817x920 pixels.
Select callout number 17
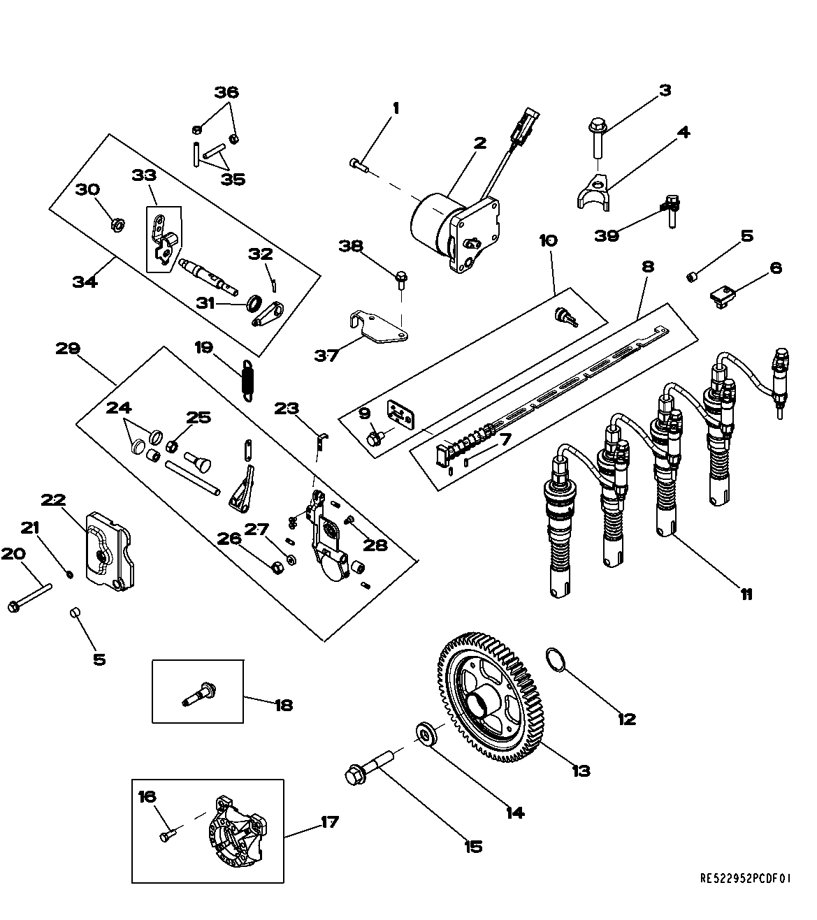point(329,822)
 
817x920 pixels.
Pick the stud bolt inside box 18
point(198,695)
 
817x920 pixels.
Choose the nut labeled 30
point(118,224)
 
